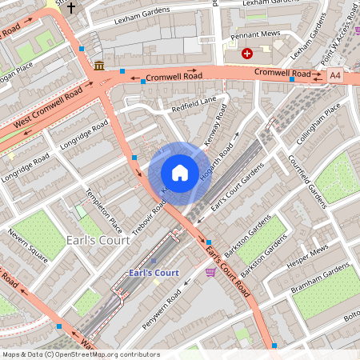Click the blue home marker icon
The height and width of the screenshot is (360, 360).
180,172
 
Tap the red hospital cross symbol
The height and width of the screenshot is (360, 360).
247,53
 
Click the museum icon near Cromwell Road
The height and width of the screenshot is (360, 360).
98,65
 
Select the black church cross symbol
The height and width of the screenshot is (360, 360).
70,8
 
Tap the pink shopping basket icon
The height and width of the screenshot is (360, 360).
210,273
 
